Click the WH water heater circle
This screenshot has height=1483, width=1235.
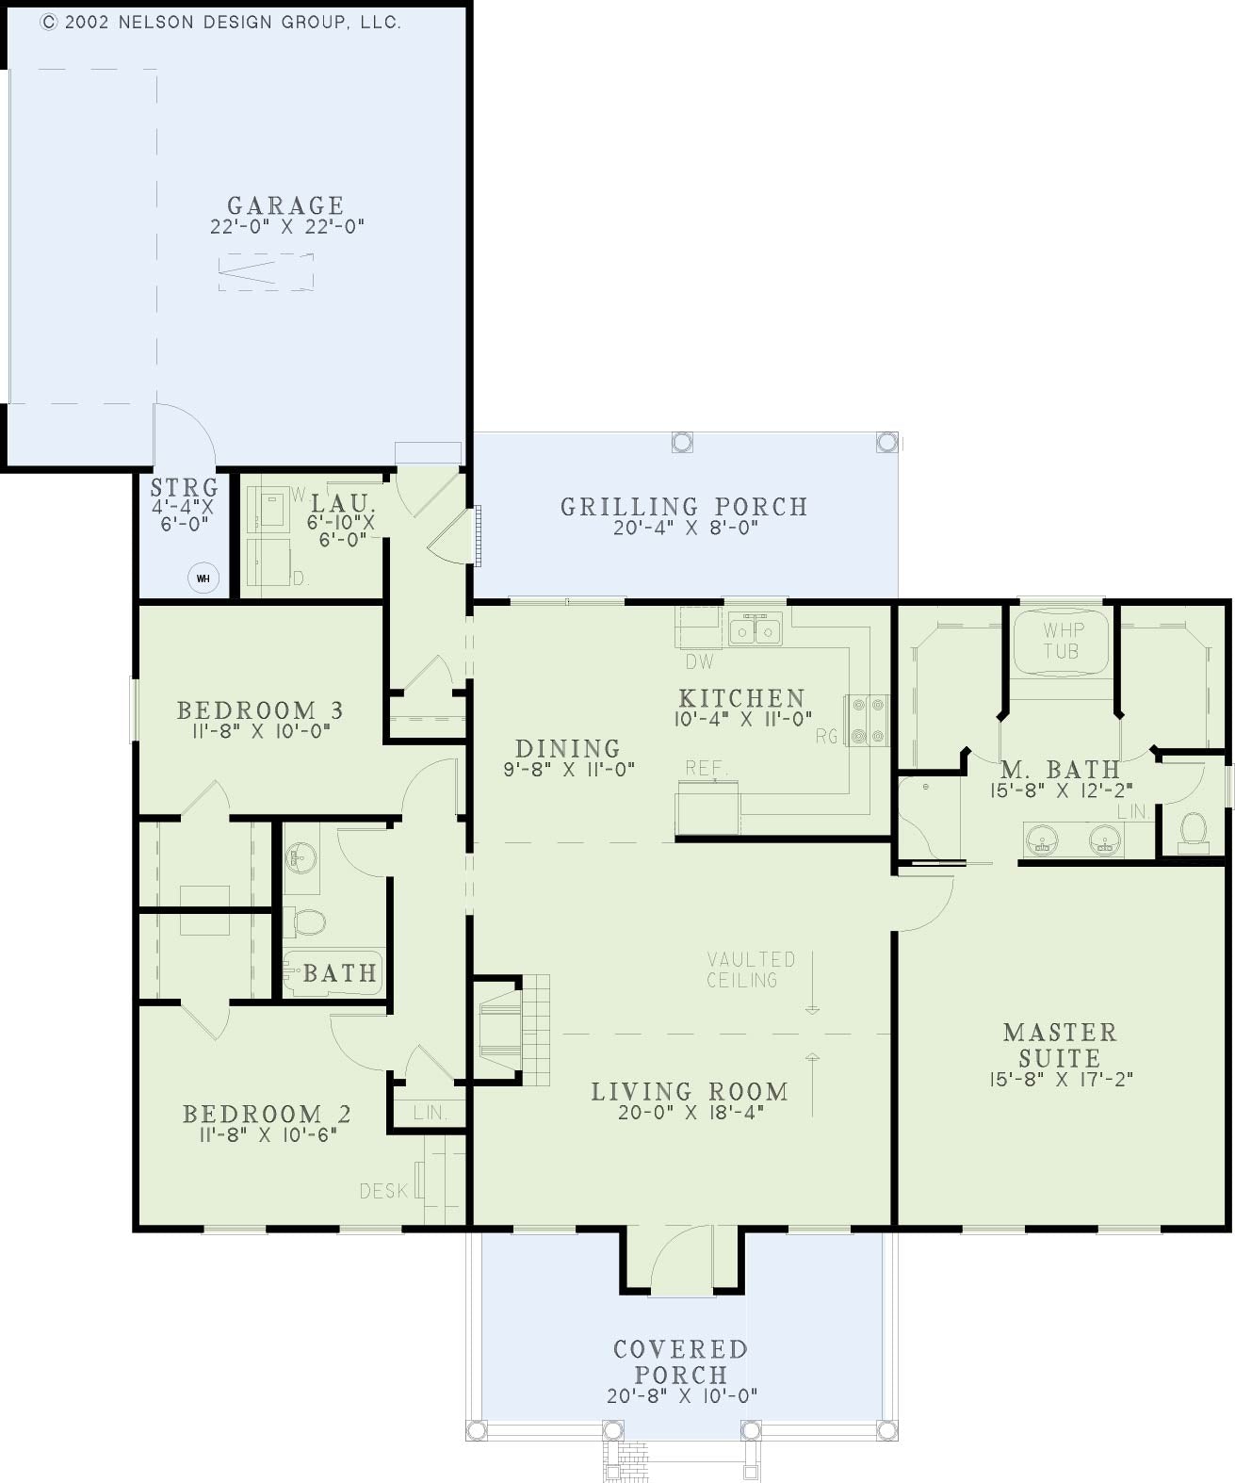(x=203, y=579)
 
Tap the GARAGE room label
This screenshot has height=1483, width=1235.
(x=285, y=205)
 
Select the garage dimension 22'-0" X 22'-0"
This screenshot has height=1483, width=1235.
(x=287, y=226)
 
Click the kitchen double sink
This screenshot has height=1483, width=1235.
(x=755, y=630)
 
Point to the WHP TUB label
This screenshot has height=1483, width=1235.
(x=1062, y=640)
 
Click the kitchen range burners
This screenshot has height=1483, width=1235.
(x=867, y=720)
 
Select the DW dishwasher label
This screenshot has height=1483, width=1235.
(x=699, y=662)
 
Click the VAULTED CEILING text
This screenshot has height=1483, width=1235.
(x=752, y=970)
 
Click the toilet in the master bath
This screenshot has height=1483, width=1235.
(x=1194, y=831)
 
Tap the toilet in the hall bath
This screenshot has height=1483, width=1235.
(x=305, y=921)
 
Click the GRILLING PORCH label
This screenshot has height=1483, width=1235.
(x=684, y=506)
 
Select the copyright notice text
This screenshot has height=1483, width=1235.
(x=220, y=23)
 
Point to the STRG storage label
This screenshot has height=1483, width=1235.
(x=185, y=487)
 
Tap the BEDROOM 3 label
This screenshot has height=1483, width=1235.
(x=260, y=709)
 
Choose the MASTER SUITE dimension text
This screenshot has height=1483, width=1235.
(x=1061, y=1079)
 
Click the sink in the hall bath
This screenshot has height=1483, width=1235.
(x=301, y=856)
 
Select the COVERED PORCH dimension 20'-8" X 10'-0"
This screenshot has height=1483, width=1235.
(x=682, y=1395)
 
